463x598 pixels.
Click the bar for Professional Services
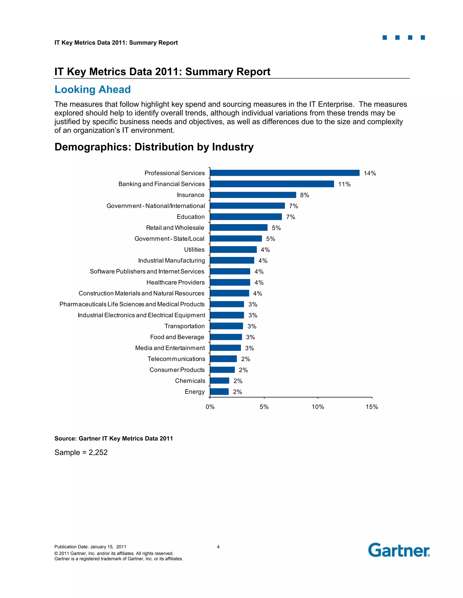(x=284, y=173)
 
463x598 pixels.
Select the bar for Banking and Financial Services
(x=272, y=184)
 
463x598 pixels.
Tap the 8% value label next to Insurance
(x=305, y=195)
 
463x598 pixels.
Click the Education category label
(x=191, y=217)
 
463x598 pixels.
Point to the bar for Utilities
(x=233, y=249)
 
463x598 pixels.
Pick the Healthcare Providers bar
(x=230, y=282)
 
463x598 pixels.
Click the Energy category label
(x=194, y=392)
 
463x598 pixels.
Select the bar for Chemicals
(x=220, y=381)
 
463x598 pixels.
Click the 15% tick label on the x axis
(x=372, y=407)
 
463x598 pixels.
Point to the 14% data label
(x=369, y=173)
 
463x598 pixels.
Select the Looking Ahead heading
(x=92, y=89)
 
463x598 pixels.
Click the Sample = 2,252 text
(x=81, y=452)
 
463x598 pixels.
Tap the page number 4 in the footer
(x=218, y=547)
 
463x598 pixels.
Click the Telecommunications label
(x=176, y=359)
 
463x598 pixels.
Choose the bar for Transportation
(x=226, y=326)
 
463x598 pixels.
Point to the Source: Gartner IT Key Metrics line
(x=113, y=438)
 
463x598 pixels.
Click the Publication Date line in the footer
(x=90, y=547)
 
